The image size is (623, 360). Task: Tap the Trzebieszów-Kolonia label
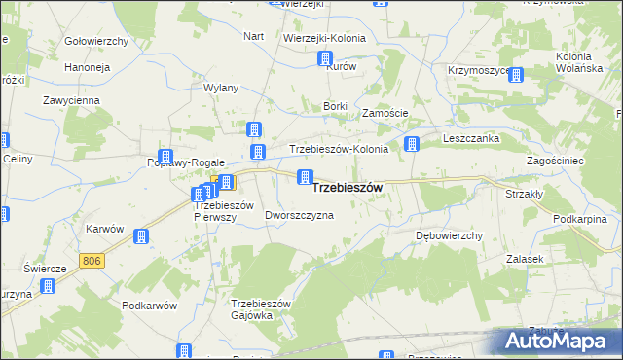click(339, 149)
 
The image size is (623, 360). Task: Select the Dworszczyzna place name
click(299, 215)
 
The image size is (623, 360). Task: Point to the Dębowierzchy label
click(450, 236)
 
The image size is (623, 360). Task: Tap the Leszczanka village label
click(471, 139)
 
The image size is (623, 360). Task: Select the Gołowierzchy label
click(96, 41)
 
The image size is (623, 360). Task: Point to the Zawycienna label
click(71, 100)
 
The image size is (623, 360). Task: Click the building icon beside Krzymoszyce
click(515, 75)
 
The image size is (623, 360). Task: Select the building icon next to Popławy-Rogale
click(165, 158)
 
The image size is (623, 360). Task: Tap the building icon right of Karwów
click(140, 236)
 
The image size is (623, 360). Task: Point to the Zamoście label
click(385, 113)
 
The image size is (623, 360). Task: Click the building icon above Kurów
click(326, 58)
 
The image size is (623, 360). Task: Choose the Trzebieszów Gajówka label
click(261, 309)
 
